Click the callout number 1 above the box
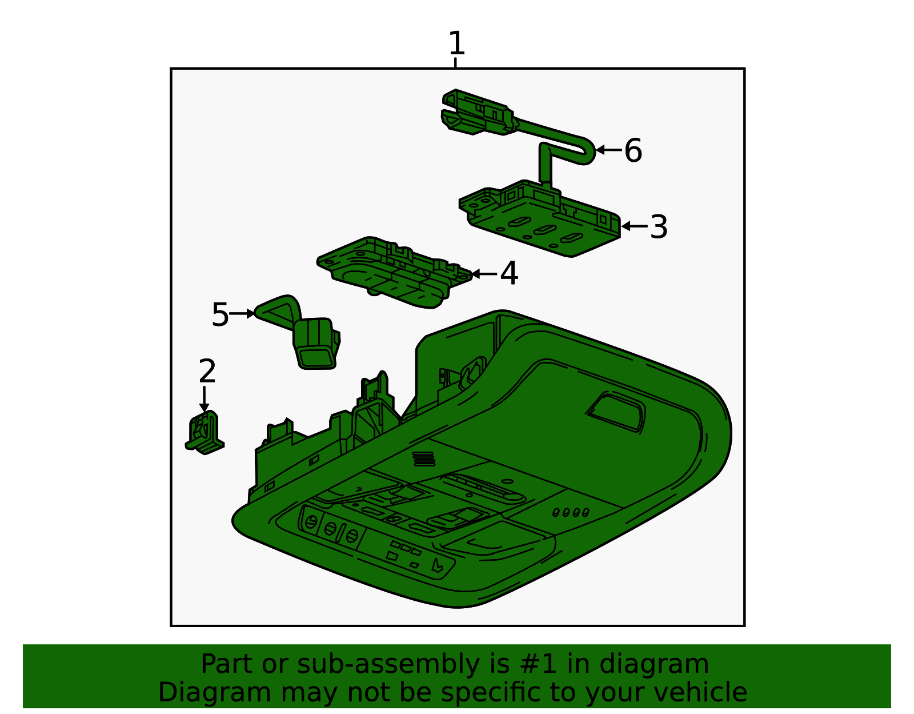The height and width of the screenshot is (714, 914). [456, 43]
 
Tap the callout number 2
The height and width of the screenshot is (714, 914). [207, 370]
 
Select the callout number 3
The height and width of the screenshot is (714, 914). [659, 227]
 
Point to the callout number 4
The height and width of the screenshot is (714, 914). [509, 273]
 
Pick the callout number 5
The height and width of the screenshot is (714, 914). [220, 314]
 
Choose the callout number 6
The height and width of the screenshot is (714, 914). [633, 150]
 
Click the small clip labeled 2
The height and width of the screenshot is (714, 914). [205, 433]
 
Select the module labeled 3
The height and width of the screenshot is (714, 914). [540, 218]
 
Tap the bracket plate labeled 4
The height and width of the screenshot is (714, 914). [394, 273]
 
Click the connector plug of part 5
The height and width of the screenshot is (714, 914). [316, 344]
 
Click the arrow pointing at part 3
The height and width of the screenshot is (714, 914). [634, 226]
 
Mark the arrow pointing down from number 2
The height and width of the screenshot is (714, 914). [204, 399]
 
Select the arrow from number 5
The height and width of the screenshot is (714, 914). [242, 313]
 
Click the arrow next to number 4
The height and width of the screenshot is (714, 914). [484, 274]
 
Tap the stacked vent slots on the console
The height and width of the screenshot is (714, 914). [423, 459]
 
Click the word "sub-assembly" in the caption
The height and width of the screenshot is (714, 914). [388, 664]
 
